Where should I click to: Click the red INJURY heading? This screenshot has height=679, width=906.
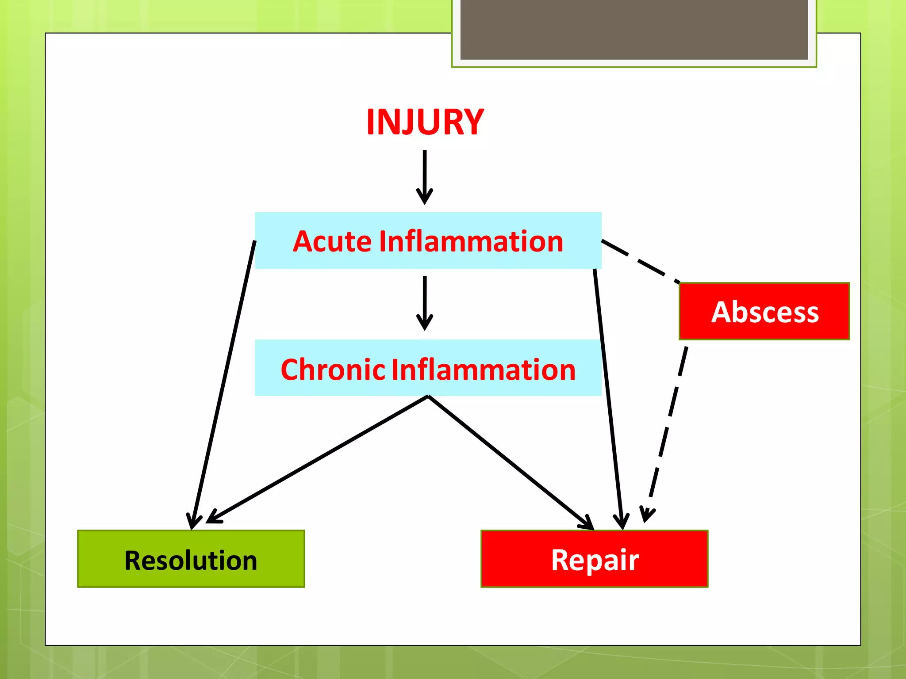point(425,122)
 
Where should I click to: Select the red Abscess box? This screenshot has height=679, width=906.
point(764,311)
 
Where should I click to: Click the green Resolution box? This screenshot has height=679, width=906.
point(191,559)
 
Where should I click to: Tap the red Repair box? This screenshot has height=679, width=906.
point(594,559)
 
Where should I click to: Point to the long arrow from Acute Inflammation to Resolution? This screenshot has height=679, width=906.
point(223,385)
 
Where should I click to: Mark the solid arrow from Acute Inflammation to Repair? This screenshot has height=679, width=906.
point(608,398)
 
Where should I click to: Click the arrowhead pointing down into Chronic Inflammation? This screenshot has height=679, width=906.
point(425,323)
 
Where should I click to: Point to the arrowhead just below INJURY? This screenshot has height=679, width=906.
point(425,197)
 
